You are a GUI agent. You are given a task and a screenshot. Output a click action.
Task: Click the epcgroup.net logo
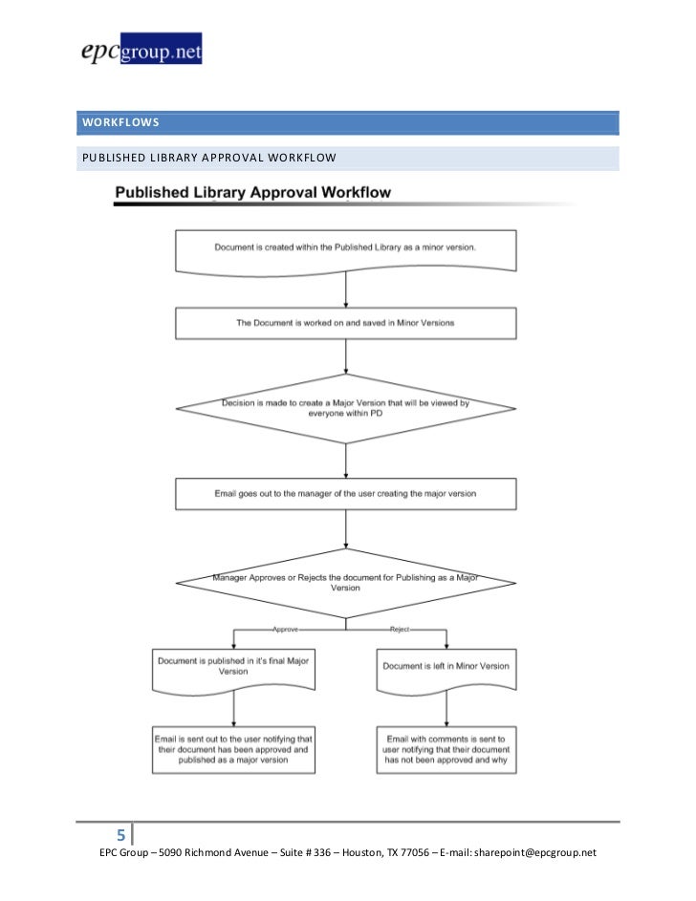point(141,50)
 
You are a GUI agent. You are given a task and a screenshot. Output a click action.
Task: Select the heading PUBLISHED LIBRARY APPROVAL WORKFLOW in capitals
point(208,158)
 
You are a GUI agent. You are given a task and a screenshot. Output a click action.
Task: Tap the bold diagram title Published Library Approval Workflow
point(252,193)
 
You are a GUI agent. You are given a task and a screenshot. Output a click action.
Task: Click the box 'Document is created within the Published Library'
point(345,249)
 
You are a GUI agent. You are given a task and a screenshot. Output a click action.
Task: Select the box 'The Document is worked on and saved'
point(345,323)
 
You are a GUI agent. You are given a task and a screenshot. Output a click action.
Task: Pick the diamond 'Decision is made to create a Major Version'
point(345,408)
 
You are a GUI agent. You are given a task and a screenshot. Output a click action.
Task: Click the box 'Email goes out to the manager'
point(345,494)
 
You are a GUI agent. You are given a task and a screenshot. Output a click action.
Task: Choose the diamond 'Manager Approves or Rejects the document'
point(345,582)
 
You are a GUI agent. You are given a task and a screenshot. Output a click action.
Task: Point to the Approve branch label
point(285,631)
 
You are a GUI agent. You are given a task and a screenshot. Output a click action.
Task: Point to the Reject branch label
point(400,631)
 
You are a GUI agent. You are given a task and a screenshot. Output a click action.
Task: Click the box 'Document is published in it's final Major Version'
point(233,667)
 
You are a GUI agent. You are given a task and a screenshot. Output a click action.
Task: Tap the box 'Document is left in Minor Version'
point(446,666)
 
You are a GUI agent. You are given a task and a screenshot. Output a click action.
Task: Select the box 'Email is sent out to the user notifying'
point(233,751)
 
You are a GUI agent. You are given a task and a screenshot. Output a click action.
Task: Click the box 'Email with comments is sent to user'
point(446,751)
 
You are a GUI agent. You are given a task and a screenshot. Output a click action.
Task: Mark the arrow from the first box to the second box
point(345,290)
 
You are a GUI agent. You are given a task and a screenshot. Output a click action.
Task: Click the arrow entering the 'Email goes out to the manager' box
point(345,461)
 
